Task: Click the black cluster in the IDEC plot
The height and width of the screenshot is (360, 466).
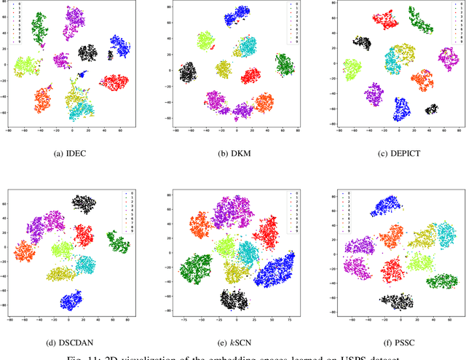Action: (88, 52)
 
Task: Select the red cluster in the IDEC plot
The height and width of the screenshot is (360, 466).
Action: (114, 82)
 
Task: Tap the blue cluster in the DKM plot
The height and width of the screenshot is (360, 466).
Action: (237, 18)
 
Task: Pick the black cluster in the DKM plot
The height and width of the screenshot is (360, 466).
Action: (188, 72)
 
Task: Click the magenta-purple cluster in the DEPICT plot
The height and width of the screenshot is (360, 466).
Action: (374, 93)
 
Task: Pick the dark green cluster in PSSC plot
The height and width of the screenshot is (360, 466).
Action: (441, 281)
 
